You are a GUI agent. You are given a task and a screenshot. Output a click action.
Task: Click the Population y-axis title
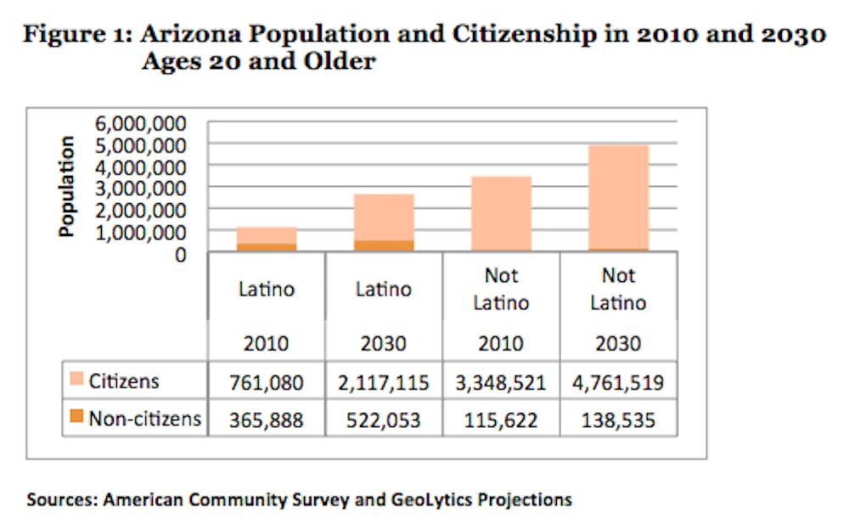pos(68,187)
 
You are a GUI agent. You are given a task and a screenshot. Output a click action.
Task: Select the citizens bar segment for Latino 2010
pos(267,235)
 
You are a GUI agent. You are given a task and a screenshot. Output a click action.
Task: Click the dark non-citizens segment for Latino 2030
pos(384,245)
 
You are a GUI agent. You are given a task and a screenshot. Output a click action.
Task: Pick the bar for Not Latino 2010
pos(501,213)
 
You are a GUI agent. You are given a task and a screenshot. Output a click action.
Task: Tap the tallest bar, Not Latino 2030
pos(618,198)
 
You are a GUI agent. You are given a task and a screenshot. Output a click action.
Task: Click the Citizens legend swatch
pos(76,381)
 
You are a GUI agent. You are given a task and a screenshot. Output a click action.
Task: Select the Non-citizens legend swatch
pos(76,417)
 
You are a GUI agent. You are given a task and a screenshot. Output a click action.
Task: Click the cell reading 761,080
pos(267,382)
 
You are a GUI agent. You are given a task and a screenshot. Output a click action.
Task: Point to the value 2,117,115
pos(384,382)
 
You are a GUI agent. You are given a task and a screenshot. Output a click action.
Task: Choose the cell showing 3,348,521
pos(501,382)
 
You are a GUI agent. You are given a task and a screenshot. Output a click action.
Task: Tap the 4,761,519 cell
pos(618,382)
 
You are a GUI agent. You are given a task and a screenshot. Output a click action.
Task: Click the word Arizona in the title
pos(186,36)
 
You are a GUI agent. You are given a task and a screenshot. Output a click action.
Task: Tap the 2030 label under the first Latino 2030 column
pos(384,344)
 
